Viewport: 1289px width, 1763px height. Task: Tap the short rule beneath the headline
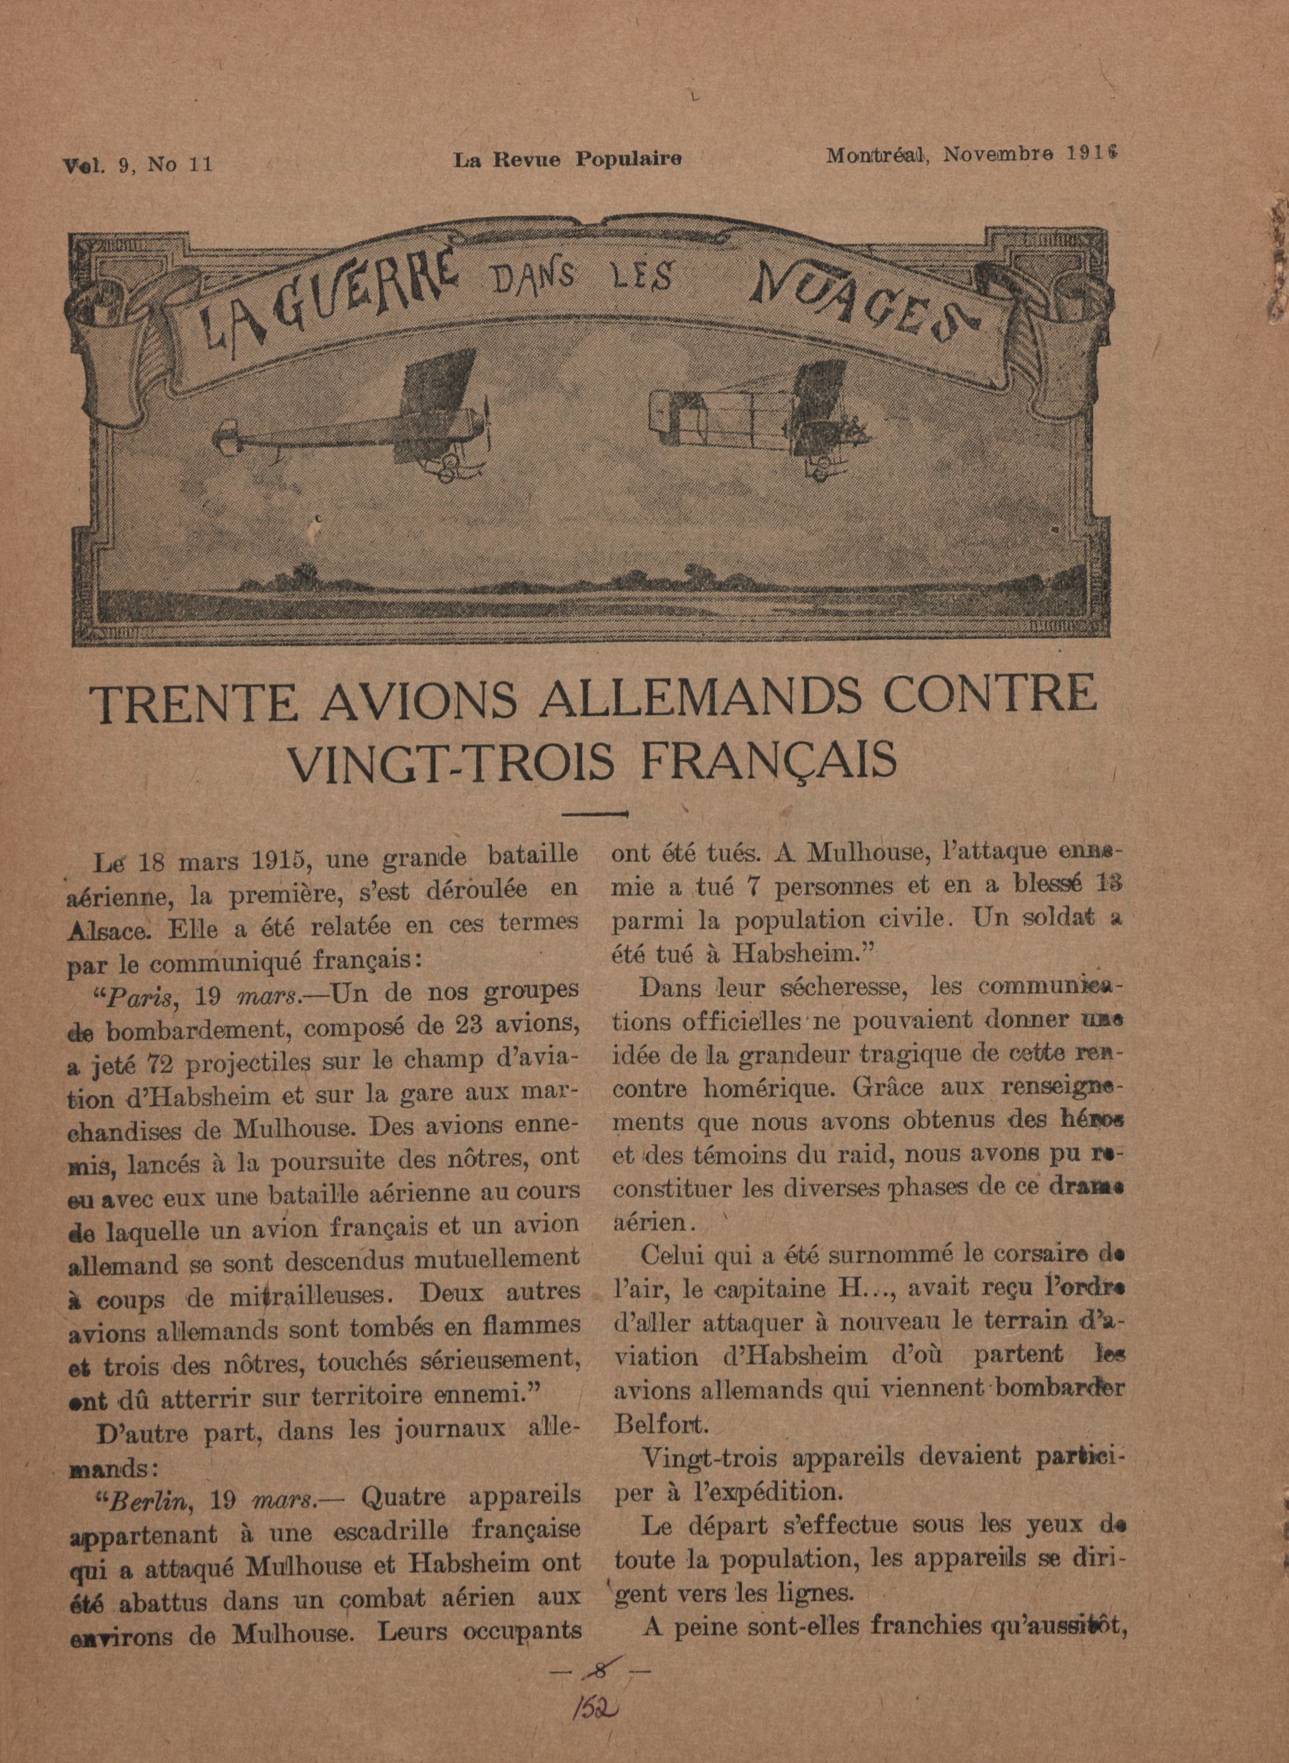(x=595, y=814)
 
